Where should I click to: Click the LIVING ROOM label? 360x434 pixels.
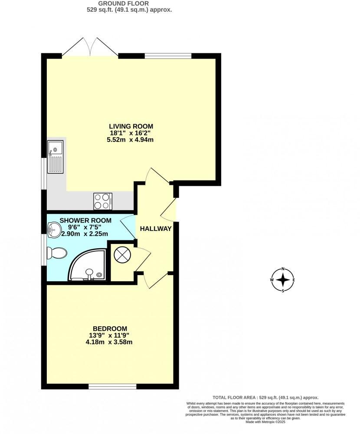(x=131, y=126)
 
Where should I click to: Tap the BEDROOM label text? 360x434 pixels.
(x=110, y=328)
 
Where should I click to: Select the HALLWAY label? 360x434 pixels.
(x=156, y=229)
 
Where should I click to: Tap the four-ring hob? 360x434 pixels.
(x=103, y=201)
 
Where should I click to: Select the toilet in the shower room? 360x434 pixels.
(x=57, y=253)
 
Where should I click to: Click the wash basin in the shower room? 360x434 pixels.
(x=54, y=230)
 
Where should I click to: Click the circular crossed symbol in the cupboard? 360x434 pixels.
(x=121, y=255)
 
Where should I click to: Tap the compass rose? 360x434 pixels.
(x=283, y=279)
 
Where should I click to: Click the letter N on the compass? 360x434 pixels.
(x=283, y=269)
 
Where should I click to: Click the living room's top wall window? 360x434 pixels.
(x=168, y=55)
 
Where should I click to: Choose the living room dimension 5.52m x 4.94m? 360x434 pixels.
(x=131, y=140)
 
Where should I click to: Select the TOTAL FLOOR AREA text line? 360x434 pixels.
(x=265, y=398)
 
